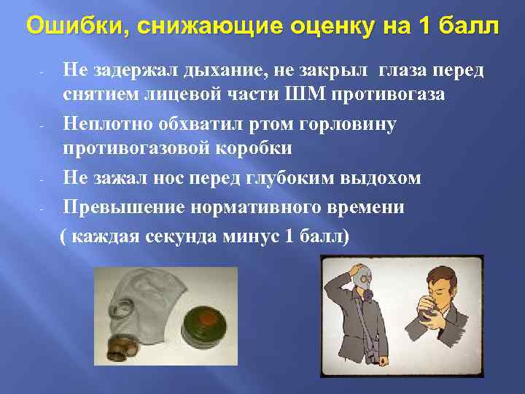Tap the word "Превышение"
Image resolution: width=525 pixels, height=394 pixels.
[x=123, y=207]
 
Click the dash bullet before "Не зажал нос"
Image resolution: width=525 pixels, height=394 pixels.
[x=44, y=177]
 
